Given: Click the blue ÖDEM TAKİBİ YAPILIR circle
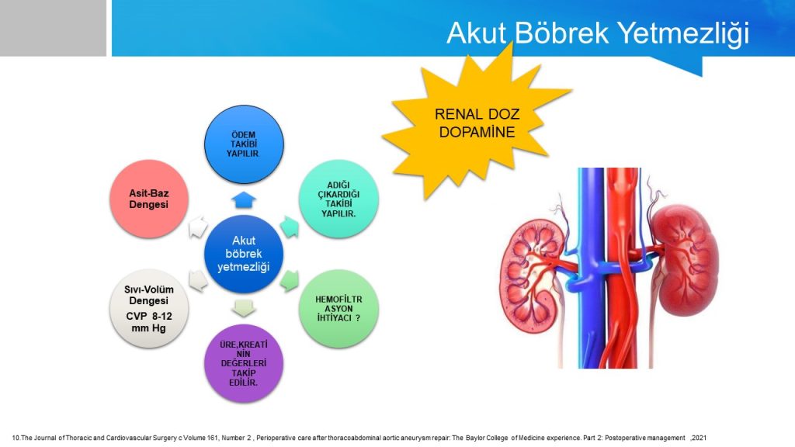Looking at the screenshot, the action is pos(244,144).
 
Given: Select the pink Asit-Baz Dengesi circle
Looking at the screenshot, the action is pos(149,199).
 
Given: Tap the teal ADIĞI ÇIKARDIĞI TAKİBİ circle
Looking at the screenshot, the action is pos(338,199).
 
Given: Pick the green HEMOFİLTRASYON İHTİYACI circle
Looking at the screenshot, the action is pos(338,308).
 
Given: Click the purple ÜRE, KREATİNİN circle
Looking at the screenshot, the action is pos(244,363).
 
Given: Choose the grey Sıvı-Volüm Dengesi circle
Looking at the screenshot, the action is pos(149,308).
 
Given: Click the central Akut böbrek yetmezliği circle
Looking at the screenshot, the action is pos(244,254).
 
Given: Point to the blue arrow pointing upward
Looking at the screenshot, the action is pos(244,199).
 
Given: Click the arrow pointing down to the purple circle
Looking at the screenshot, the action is pos(244,308).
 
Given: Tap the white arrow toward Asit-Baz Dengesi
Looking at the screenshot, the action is pos(198,227).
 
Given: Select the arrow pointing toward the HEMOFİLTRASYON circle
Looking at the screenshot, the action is pos(290,281).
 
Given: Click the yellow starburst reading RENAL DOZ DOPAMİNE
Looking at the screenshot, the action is pos(477,123).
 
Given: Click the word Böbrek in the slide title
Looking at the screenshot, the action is pos(562,33).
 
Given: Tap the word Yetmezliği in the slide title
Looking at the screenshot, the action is pos(684,34).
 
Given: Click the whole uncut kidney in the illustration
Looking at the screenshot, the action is pos(685,259).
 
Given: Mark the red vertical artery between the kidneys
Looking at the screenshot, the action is pos(622,268).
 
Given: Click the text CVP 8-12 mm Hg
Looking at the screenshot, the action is pos(149,322).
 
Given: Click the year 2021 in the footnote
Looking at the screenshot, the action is pos(699,438).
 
